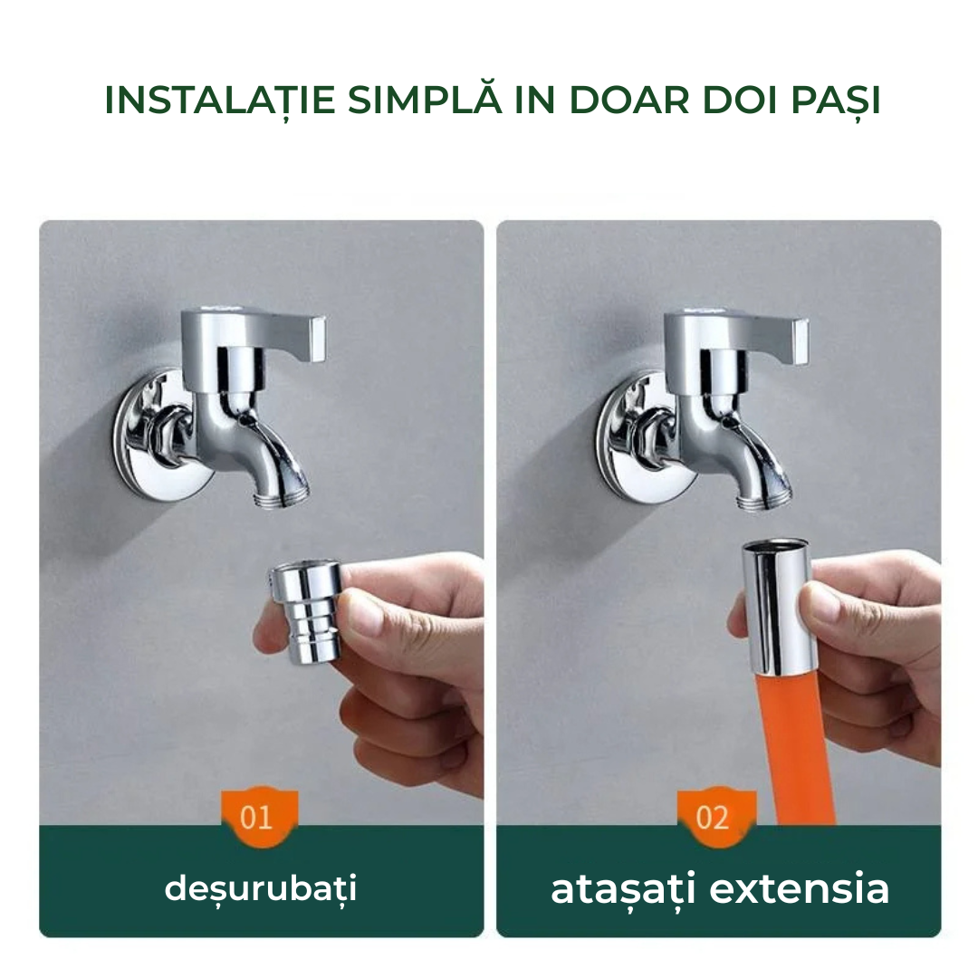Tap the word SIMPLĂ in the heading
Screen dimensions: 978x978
click(x=425, y=100)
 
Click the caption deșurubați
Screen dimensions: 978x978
click(x=261, y=888)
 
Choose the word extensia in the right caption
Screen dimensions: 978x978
click(x=799, y=888)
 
